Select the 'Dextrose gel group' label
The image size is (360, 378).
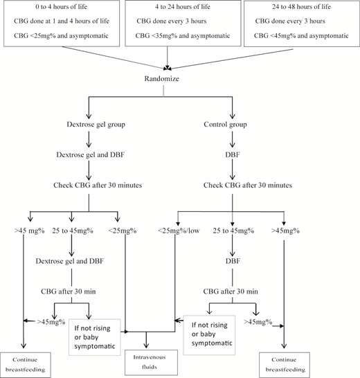[x=90, y=127]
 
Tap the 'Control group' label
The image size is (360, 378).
[x=234, y=127]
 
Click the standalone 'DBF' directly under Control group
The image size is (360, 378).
[x=233, y=156]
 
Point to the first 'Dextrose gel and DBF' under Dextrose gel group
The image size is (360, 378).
[x=90, y=156]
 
